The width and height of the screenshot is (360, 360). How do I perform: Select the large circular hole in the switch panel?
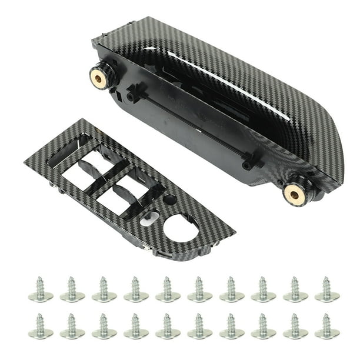coord(181,226)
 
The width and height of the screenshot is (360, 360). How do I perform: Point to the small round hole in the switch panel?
coord(169,200)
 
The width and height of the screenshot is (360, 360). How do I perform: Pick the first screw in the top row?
coord(41,290)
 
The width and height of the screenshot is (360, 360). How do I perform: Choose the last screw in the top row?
coord(327,290)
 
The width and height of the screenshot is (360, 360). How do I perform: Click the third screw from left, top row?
coord(104,290)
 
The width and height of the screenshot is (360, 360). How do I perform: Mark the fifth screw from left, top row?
coord(168,290)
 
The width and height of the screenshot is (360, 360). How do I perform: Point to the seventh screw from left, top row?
coord(231,290)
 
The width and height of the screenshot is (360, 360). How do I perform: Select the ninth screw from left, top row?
coord(295,290)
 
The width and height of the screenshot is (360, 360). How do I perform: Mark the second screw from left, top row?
coord(72,290)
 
